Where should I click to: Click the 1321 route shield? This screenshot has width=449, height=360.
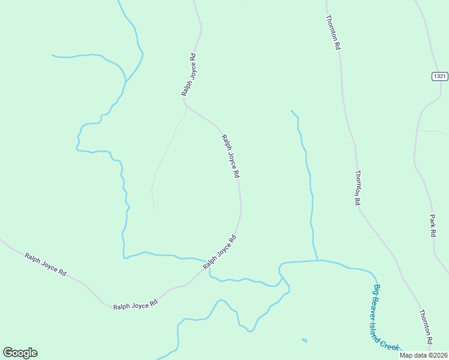[x=439, y=76]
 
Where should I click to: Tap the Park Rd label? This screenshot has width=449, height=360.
[x=432, y=226]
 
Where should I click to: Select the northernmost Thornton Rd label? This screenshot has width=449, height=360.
[x=333, y=32]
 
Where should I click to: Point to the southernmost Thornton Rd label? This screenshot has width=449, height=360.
[x=426, y=327]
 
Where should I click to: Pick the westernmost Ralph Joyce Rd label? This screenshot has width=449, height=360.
[x=46, y=264]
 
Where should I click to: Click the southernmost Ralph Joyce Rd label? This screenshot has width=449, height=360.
[x=135, y=304]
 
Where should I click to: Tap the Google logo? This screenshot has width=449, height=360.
[x=20, y=353]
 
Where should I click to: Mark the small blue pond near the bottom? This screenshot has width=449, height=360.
[x=304, y=341]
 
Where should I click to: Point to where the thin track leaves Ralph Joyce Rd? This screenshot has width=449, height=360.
[x=186, y=106]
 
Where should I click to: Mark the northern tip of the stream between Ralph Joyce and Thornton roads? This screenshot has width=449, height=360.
[x=292, y=111]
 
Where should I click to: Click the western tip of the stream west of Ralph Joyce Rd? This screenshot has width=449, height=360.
[x=52, y=55]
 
